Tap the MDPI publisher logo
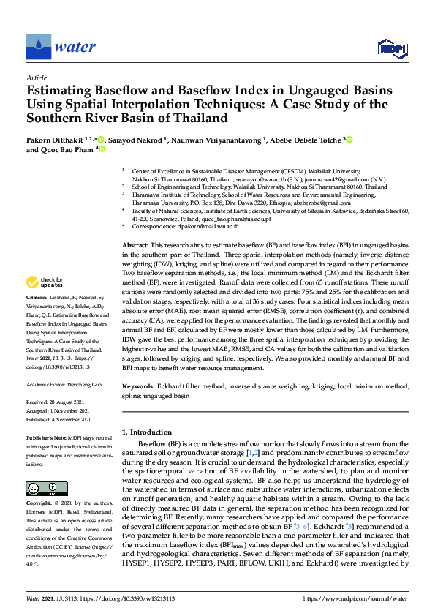point(392,48)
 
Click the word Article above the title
point(36,78)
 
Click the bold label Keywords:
point(137,385)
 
